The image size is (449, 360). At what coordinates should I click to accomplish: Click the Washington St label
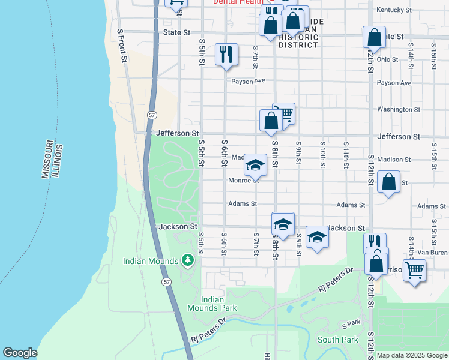[x=399, y=109]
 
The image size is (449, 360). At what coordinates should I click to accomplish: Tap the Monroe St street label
[x=243, y=180]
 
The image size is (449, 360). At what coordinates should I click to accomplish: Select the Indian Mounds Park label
[x=219, y=304]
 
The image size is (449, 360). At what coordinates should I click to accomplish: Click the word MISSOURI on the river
[x=46, y=160]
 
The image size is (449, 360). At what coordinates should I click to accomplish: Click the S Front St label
[x=122, y=45]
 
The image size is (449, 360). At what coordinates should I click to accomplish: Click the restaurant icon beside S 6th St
[x=226, y=55]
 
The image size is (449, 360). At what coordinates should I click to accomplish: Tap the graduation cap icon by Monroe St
[x=255, y=164]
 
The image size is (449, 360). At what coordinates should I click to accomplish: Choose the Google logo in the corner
[x=20, y=353]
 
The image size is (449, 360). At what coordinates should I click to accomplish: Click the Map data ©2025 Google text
[x=412, y=355]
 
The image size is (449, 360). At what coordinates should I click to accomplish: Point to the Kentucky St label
[x=394, y=10]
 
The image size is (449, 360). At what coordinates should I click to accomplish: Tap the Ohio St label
[x=388, y=59]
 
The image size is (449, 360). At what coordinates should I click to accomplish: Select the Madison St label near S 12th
[x=394, y=160]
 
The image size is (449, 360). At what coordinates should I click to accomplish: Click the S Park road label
[x=351, y=323]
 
